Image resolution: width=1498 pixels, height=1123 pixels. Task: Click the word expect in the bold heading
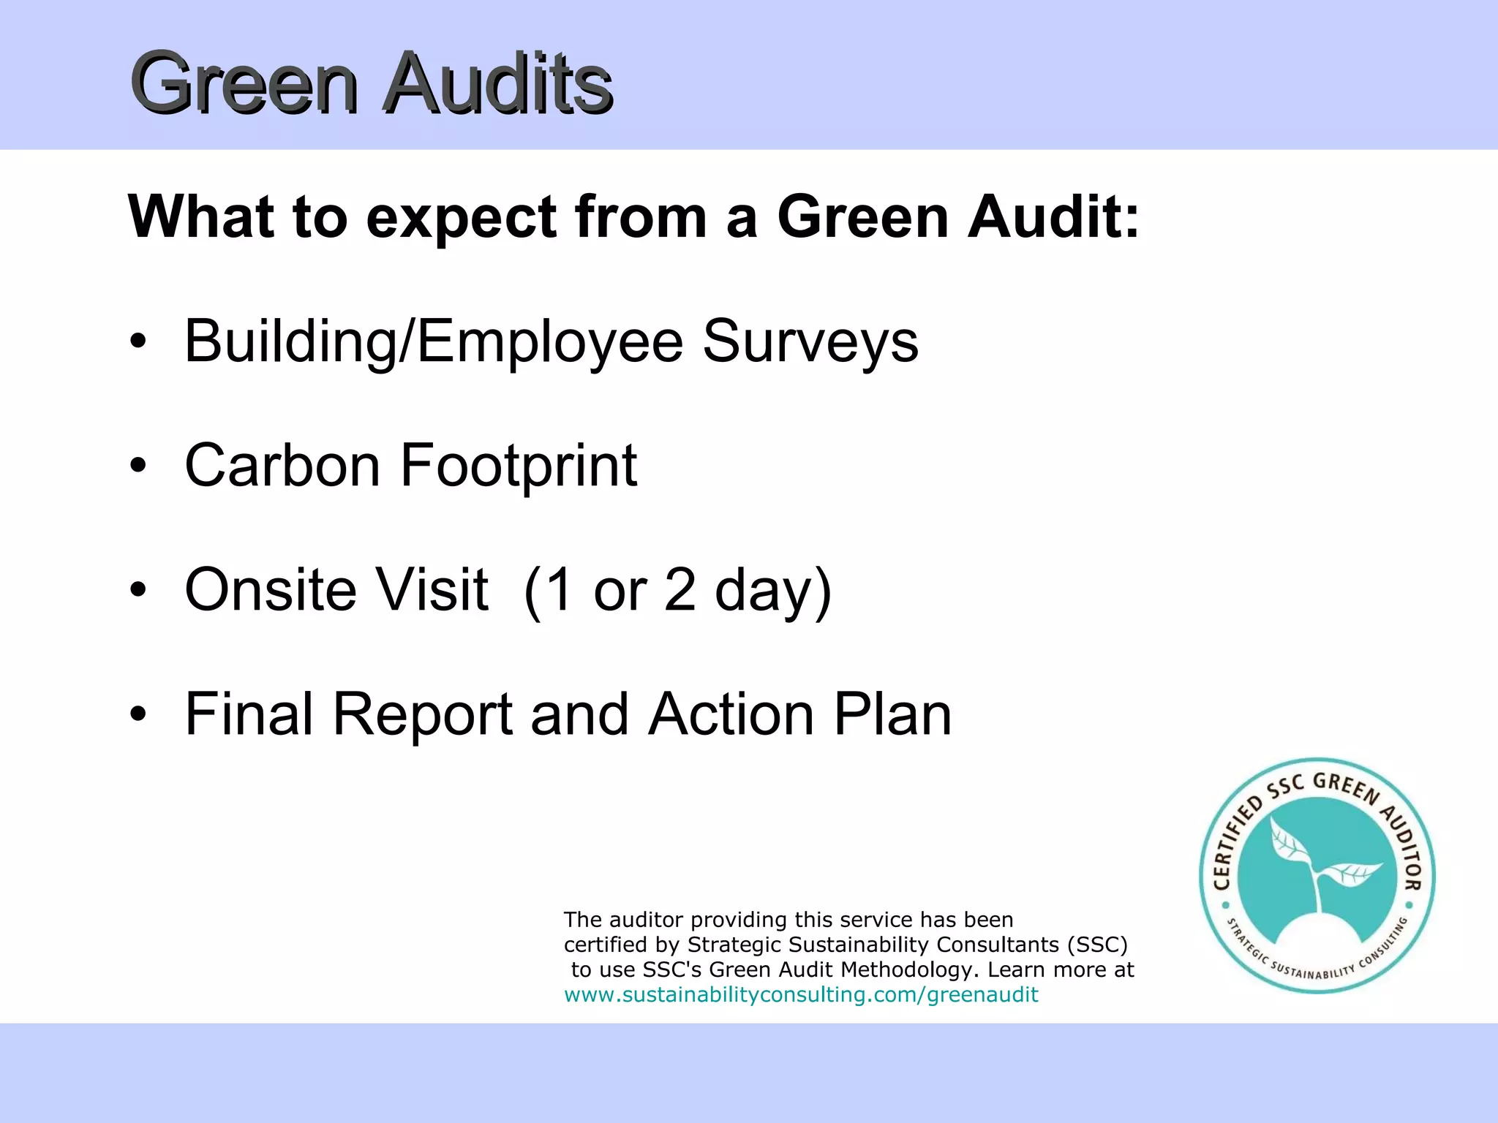coord(461,217)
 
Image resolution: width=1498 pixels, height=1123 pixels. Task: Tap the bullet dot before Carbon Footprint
coord(138,465)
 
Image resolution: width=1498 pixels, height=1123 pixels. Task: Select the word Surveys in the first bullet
coord(810,341)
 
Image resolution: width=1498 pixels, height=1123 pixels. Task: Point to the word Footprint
coord(519,466)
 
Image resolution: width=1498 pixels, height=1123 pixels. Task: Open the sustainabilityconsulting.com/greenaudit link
coord(801,994)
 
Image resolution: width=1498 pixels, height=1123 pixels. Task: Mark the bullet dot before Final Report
coord(138,714)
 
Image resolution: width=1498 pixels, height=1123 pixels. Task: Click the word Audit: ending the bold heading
coord(1053,217)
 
